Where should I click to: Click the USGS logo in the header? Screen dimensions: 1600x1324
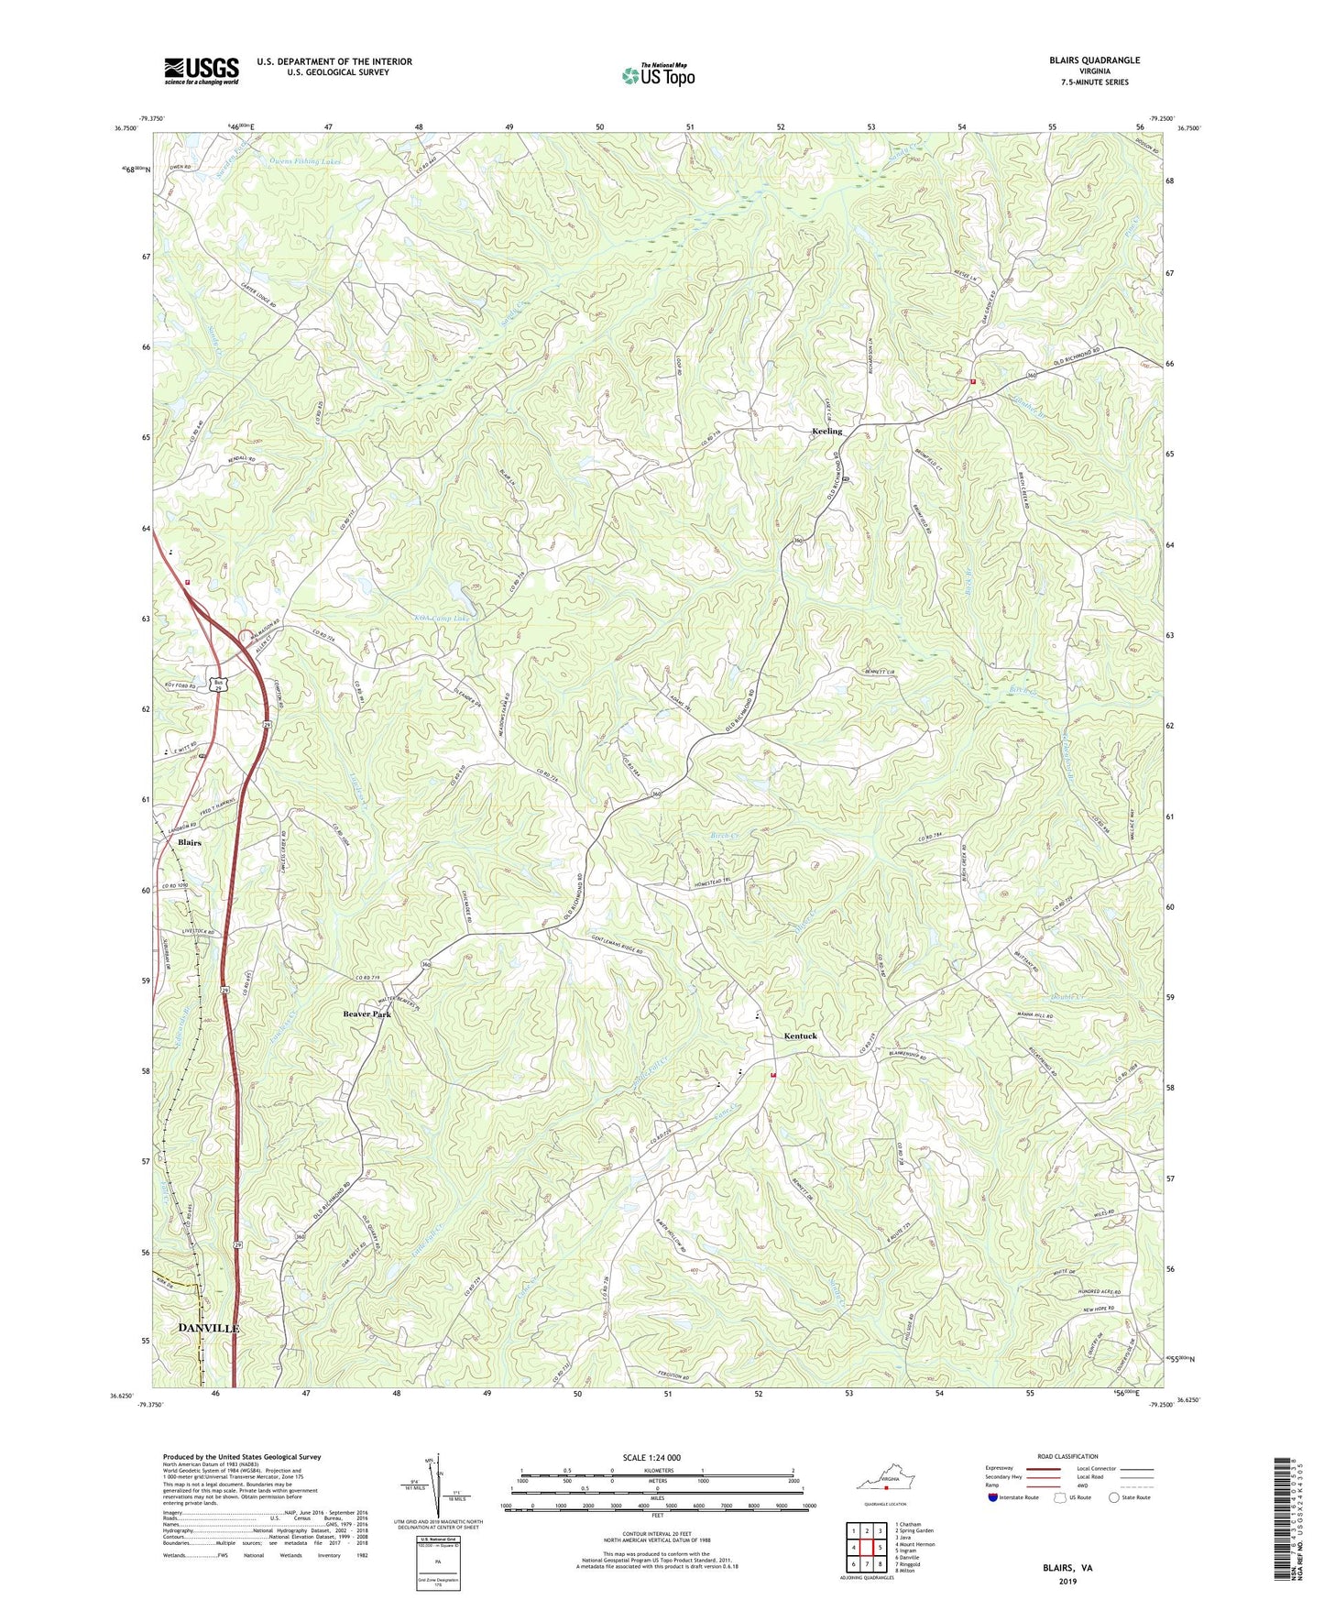tap(201, 71)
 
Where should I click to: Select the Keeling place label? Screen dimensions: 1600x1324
tap(826, 431)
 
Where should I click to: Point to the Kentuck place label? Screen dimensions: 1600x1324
tap(800, 1036)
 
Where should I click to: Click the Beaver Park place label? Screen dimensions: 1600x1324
tap(367, 1014)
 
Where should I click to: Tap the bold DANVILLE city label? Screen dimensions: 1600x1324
tap(208, 1328)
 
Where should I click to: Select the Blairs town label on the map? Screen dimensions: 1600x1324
tap(189, 842)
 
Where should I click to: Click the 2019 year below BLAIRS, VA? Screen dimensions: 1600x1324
tap(1067, 1582)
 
